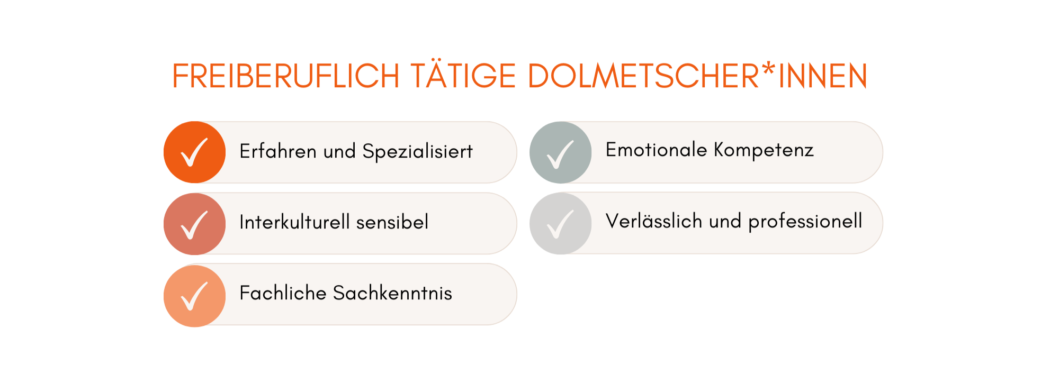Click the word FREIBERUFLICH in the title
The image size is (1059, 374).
(x=286, y=76)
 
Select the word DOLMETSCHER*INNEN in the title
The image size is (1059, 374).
(x=697, y=76)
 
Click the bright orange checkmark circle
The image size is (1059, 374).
(x=195, y=152)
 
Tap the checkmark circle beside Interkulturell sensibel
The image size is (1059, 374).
(x=195, y=224)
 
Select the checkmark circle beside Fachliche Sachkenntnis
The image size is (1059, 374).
(x=195, y=296)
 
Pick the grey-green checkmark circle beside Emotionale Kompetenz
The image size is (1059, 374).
(x=561, y=152)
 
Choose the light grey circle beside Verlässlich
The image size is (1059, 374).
(x=561, y=223)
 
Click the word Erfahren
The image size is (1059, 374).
(x=278, y=151)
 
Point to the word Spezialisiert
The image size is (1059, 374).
(x=417, y=152)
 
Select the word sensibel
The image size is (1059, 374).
(x=392, y=222)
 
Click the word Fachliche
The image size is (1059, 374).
(x=283, y=293)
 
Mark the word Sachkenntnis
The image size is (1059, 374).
(x=392, y=293)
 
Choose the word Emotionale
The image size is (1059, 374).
(x=656, y=150)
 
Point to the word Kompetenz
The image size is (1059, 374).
(x=764, y=151)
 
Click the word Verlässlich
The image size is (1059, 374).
(x=654, y=221)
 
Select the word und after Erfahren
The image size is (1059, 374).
(x=339, y=151)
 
